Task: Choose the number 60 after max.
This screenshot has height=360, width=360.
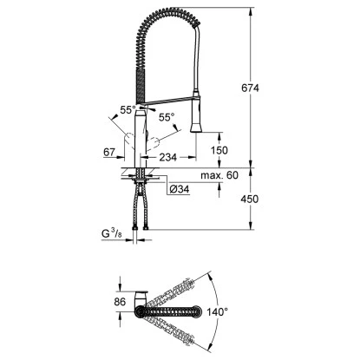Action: (x=229, y=175)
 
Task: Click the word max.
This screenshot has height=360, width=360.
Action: (x=208, y=175)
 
